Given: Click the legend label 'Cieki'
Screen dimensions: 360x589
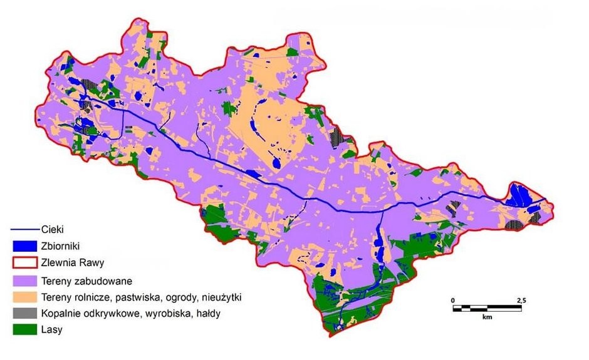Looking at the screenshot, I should tap(53, 230).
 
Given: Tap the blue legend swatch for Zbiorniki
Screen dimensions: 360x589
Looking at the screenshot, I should tap(24, 246).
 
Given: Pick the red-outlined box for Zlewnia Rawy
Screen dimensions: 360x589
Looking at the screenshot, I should tap(24, 262).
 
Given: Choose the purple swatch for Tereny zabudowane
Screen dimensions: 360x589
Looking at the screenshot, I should tap(24, 280).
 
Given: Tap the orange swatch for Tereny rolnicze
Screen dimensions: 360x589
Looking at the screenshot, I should tap(24, 296).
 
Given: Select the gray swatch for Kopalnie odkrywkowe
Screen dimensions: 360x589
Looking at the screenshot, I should tap(24, 312).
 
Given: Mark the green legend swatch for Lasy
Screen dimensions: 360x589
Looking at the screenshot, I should tap(24, 329).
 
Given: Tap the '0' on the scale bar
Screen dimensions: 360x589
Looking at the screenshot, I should tap(453, 301).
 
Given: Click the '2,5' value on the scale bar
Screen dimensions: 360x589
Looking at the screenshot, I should tap(520, 301).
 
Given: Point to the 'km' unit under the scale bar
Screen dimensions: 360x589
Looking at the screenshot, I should tap(487, 317).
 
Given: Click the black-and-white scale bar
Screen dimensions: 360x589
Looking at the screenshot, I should tap(487, 308).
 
